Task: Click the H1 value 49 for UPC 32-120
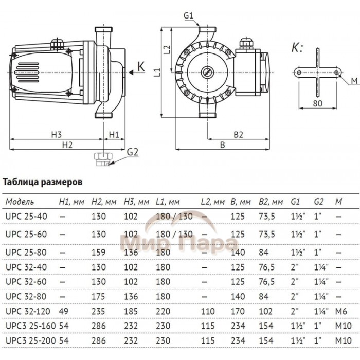64,312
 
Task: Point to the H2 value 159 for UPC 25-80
98,252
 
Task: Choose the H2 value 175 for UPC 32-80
98,297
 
